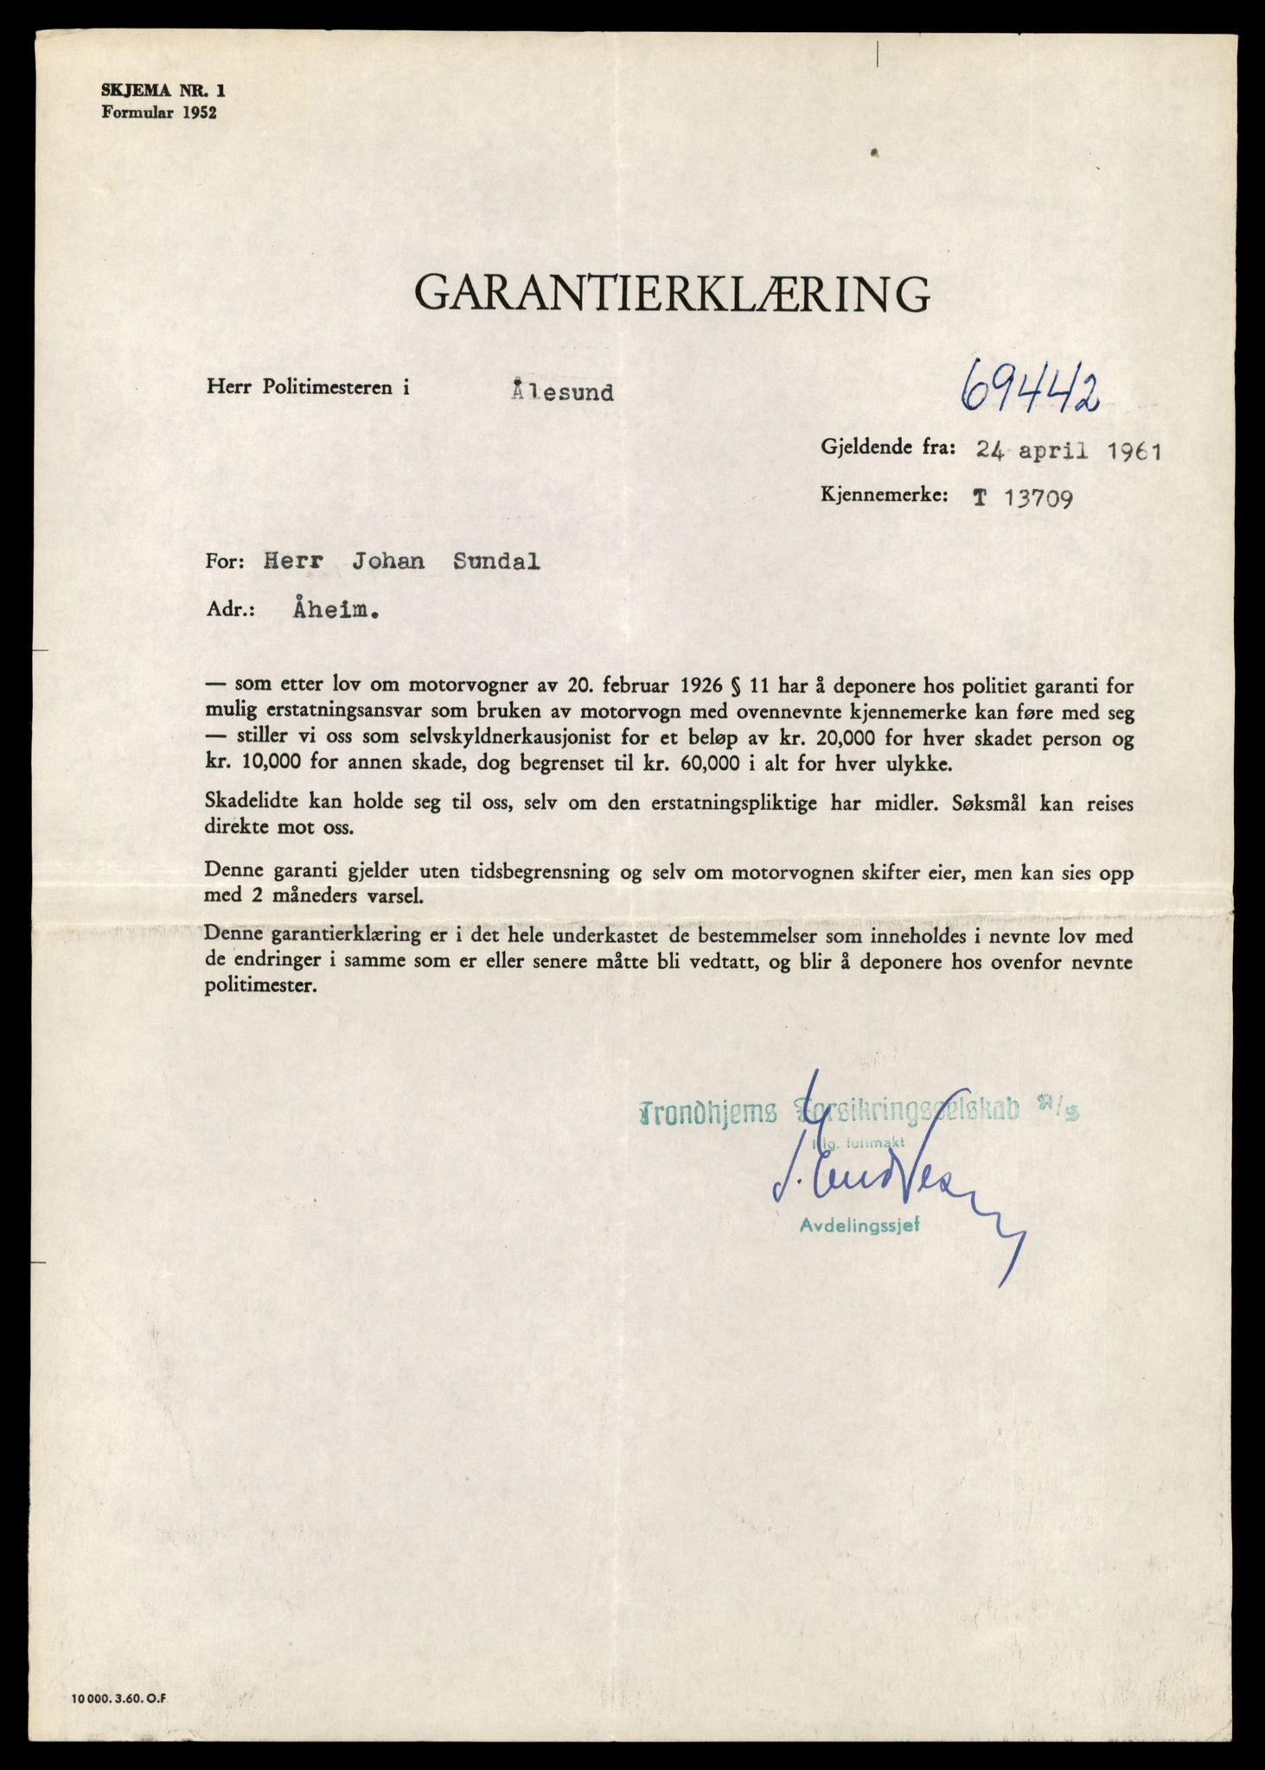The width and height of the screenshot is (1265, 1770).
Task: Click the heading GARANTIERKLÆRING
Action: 673,293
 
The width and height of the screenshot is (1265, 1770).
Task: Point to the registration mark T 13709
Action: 1023,499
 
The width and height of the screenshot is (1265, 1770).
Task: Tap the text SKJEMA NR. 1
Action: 155,89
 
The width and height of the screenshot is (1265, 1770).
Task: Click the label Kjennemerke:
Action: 885,496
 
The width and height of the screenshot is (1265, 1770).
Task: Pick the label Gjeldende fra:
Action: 887,447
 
